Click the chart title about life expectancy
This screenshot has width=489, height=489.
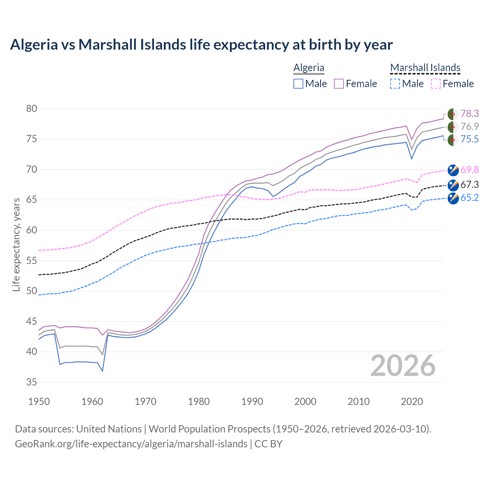[201, 45]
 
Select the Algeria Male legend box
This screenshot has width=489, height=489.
[298, 84]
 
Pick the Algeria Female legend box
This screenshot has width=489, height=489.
[339, 84]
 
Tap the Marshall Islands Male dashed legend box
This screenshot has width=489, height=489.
[395, 84]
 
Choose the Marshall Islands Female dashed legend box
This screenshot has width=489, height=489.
[436, 84]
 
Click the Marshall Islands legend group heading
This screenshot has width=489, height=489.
[425, 68]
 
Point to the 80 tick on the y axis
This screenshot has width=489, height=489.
[32, 108]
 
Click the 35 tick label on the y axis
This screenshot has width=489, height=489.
[32, 382]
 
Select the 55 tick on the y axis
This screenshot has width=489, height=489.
[32, 261]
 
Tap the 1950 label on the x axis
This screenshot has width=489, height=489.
[39, 402]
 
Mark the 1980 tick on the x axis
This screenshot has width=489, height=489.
[199, 402]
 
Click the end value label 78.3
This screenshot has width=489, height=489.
[470, 113]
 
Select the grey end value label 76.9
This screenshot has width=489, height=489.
[470, 126]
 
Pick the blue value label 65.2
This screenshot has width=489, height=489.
[470, 198]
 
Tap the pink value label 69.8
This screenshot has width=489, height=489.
[470, 170]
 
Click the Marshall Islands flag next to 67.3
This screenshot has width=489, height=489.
[453, 185]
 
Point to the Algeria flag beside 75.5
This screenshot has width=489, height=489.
[453, 139]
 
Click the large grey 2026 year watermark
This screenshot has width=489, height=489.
[403, 366]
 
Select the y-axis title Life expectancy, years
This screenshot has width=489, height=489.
[16, 244]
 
